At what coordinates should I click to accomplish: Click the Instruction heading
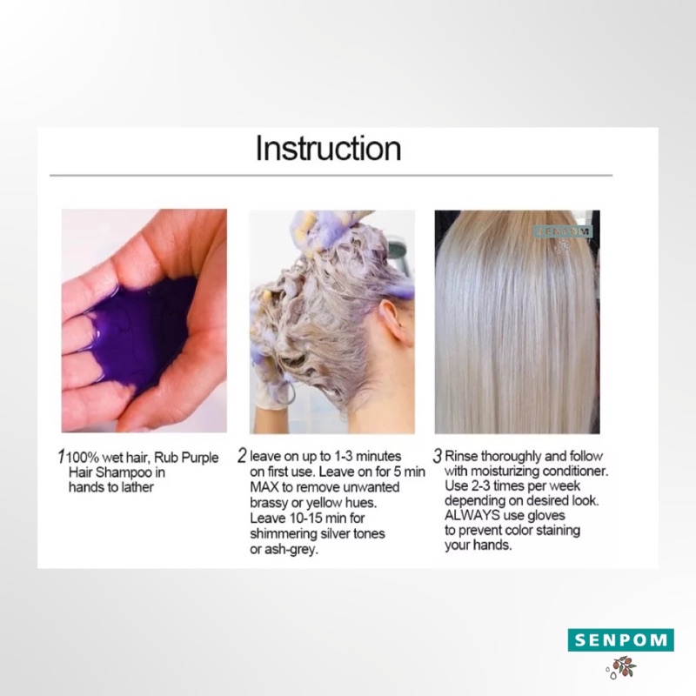click(328, 148)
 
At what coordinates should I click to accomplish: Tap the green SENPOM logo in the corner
click(620, 639)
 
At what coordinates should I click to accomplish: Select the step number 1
click(61, 456)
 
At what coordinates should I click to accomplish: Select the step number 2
click(242, 455)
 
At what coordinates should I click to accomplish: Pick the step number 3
click(438, 456)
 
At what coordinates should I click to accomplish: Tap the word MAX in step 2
click(264, 487)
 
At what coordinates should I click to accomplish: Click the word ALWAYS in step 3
click(472, 515)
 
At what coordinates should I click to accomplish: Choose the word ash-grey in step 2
click(291, 550)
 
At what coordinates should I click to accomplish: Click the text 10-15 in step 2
click(301, 518)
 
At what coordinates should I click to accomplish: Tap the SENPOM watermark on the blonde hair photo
click(562, 231)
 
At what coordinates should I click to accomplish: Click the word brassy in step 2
click(269, 503)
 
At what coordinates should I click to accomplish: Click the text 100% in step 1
click(83, 458)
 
